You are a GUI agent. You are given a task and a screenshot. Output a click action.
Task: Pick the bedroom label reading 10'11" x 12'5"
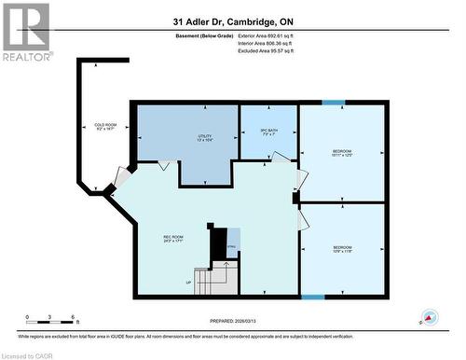(341, 152)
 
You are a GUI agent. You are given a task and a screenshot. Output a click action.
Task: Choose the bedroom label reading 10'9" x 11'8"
(341, 248)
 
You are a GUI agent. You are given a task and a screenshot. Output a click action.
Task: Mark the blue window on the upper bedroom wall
(333, 103)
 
